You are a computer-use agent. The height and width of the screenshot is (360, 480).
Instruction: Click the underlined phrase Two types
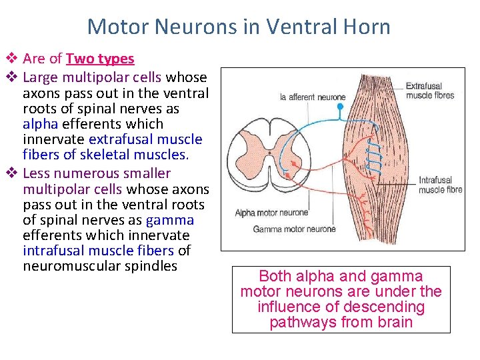click(x=100, y=59)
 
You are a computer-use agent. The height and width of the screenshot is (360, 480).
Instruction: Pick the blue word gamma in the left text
click(x=169, y=220)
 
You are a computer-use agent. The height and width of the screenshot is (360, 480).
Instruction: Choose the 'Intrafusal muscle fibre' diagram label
click(x=440, y=185)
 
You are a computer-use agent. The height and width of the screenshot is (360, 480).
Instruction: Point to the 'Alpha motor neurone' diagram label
click(x=271, y=213)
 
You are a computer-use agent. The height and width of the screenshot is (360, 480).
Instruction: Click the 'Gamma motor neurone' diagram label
click(x=294, y=229)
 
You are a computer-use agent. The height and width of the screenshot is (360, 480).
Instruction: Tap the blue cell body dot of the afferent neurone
click(x=341, y=106)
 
